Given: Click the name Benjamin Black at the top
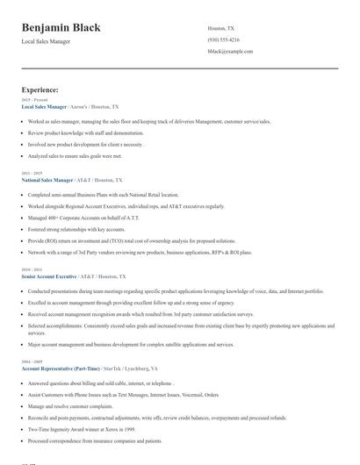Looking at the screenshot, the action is (61, 27).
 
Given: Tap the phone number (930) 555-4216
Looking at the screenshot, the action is (223, 39).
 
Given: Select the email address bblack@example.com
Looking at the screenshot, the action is (230, 52).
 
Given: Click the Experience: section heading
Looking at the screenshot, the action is (40, 89).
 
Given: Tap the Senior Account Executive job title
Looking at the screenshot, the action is (52, 275).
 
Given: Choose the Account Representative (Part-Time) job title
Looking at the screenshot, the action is (61, 369).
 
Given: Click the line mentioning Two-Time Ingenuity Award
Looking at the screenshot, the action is (84, 430).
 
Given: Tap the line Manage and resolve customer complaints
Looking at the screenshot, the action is (71, 406).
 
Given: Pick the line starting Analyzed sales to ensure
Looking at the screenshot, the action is (75, 155).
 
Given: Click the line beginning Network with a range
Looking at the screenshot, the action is (140, 252).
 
